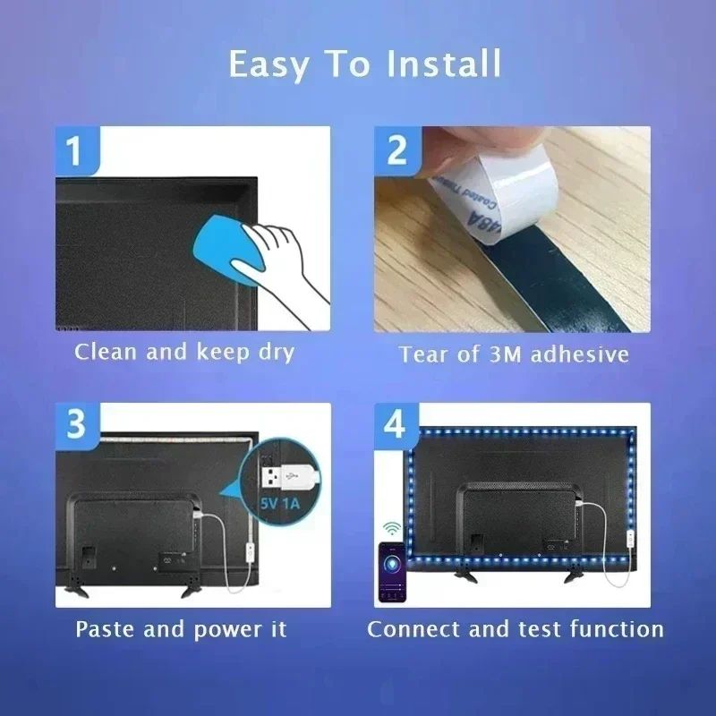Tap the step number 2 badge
click(396, 149)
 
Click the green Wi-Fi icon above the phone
click(391, 528)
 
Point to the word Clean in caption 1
click(107, 352)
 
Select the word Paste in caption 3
click(106, 629)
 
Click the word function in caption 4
click(617, 629)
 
